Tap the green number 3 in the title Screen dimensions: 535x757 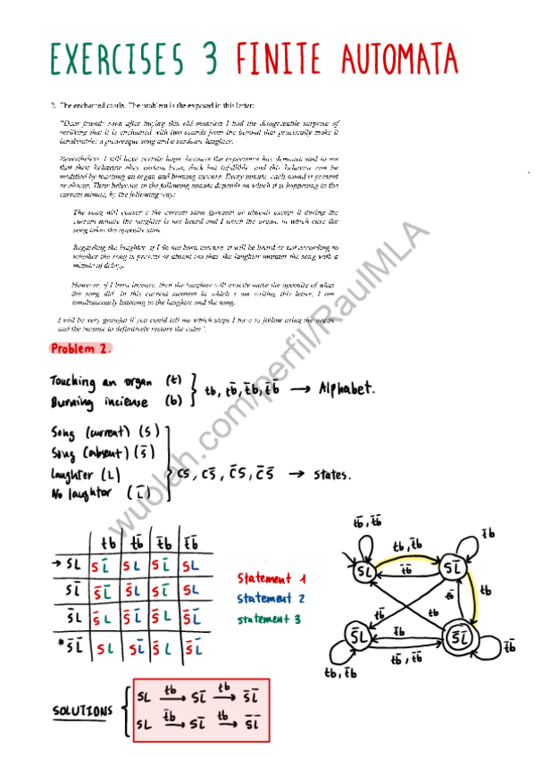pos(211,59)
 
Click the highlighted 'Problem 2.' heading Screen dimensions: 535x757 pos(81,348)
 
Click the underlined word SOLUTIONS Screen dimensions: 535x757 pos(83,711)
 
